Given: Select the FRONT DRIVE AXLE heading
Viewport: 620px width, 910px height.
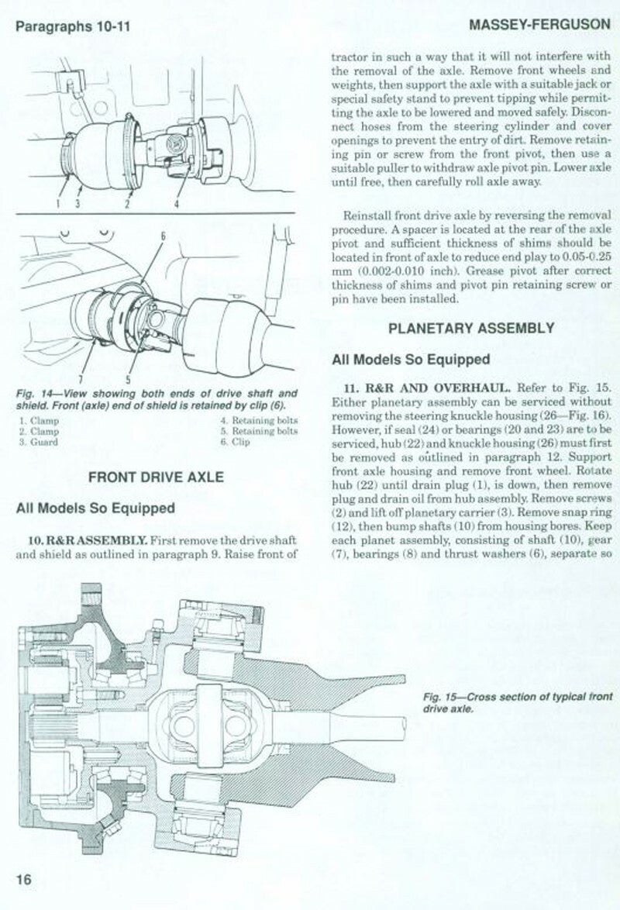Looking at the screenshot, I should point(157,477).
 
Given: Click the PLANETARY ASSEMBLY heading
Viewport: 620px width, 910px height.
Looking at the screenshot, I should point(470,328).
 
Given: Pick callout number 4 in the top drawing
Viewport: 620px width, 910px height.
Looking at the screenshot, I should point(177,204).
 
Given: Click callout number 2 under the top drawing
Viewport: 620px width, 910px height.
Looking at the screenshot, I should point(126,204).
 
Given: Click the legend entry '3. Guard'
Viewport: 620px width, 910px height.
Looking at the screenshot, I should point(36,441).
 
